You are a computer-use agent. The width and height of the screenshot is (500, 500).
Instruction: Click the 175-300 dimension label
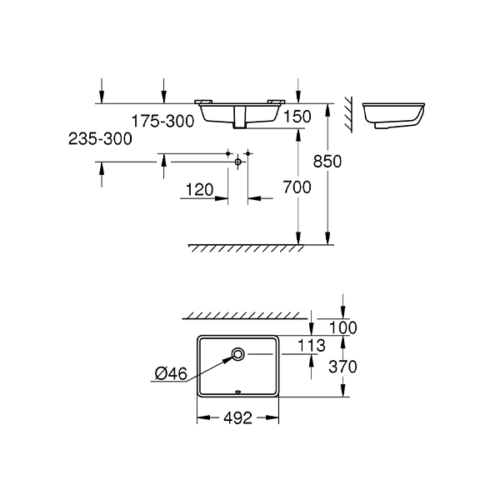click(163, 121)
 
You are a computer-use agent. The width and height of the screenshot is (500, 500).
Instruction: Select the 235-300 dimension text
click(100, 139)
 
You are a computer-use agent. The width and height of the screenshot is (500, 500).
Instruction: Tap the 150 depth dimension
click(297, 117)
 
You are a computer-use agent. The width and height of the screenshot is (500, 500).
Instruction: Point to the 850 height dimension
click(327, 161)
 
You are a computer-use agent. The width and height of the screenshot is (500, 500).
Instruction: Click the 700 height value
click(297, 187)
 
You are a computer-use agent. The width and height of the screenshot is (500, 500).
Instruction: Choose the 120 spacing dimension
click(199, 190)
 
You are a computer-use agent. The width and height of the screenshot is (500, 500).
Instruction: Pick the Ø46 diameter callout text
click(171, 373)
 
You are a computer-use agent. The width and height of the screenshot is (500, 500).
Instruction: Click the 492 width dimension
click(237, 417)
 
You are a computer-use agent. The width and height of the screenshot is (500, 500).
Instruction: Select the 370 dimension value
click(342, 367)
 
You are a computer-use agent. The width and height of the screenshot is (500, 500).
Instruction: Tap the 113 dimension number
click(311, 345)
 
